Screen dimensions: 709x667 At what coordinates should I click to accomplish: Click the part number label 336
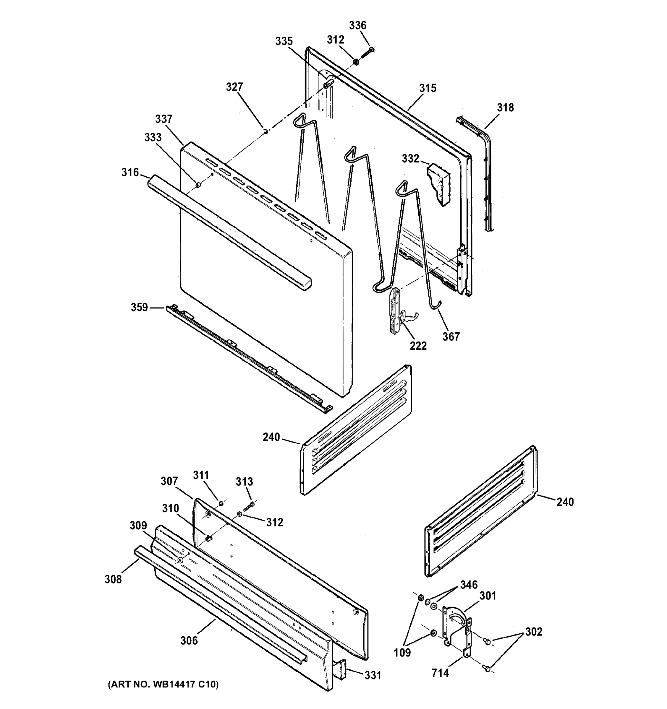pyautogui.click(x=357, y=25)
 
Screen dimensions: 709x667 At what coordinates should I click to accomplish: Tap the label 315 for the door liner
pyautogui.click(x=428, y=88)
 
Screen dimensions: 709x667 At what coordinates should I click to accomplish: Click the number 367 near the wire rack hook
pyautogui.click(x=451, y=336)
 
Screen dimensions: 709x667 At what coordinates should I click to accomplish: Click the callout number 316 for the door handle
pyautogui.click(x=130, y=173)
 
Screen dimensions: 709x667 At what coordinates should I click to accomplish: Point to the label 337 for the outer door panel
pyautogui.click(x=164, y=119)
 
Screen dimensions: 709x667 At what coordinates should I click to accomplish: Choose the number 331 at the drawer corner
pyautogui.click(x=373, y=675)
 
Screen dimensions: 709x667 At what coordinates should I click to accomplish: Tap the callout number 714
pyautogui.click(x=440, y=673)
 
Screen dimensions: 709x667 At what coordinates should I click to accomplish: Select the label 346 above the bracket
pyautogui.click(x=469, y=585)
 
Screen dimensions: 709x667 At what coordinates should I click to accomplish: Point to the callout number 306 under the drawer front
pyautogui.click(x=189, y=641)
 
